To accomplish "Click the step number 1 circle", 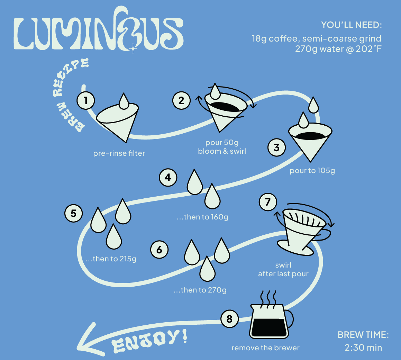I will pos(86,101).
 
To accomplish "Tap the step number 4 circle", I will pos(168,178).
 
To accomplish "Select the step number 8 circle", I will pos(230,318).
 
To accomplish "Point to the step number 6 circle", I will pos(160,250).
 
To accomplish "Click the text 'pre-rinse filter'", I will pos(119,153).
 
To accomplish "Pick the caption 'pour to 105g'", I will pos(312,171).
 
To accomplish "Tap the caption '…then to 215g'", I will pos(111,259).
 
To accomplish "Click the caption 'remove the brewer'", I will pos(265,348).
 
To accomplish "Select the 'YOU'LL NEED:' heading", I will pos(351,25).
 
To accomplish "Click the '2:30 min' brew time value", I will pos(363,348).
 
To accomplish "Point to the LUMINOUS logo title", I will pos(99,33).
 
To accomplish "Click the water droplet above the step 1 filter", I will pos(124,100).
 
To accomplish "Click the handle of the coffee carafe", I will pos(290,318).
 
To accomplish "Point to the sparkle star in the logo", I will pos(133,49).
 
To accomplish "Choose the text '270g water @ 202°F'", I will pos(338,49).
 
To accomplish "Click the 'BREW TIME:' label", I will pos(363,335).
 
